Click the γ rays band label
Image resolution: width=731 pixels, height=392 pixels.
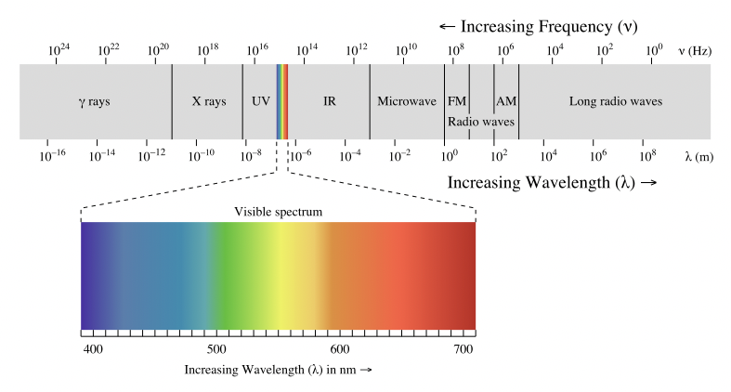coord(94,101)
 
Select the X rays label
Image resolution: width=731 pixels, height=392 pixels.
coord(209,101)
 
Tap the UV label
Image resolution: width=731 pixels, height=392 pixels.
coord(260,101)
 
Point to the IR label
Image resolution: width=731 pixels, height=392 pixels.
coord(329,101)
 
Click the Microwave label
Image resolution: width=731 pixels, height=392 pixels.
coord(406,101)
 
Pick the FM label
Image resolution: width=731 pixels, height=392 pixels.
coord(457,101)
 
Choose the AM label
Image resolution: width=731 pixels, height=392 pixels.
coord(506,101)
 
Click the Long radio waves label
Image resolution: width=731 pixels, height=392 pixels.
coord(615,101)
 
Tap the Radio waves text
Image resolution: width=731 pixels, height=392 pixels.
coord(481,121)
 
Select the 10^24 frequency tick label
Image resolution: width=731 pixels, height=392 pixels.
coord(58,49)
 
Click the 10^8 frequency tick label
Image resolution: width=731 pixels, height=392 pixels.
coord(455,49)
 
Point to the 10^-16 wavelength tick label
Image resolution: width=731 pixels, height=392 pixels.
coord(52,155)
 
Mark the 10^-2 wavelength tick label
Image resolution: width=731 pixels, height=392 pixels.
coord(400,155)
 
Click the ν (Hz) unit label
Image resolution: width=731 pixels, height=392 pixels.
coord(695,50)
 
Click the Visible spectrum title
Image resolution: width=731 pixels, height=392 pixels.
coord(279,212)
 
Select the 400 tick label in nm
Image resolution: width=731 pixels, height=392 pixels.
coord(92,349)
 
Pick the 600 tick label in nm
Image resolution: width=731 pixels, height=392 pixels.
coord(340,349)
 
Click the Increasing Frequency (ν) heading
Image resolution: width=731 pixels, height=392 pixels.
coord(538,25)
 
